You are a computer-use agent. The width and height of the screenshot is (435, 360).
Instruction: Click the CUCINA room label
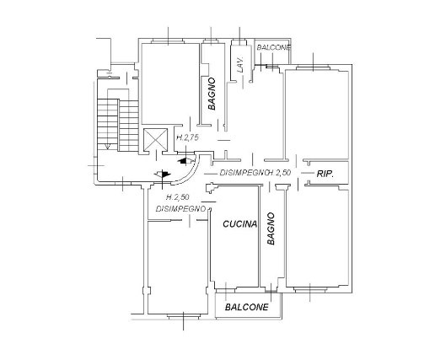239,224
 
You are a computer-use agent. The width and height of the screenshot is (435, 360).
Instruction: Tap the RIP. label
325,174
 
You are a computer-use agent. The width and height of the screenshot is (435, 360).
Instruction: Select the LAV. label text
240,66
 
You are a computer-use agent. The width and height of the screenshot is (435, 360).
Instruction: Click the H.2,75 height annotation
187,137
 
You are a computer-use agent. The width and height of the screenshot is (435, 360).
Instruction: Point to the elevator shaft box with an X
155,139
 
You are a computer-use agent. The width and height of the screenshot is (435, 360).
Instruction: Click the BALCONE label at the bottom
247,307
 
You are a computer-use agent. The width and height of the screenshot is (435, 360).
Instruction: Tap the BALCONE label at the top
273,47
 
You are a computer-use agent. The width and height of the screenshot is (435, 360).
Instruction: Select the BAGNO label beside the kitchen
271,228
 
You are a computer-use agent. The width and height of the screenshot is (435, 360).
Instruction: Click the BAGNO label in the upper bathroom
212,94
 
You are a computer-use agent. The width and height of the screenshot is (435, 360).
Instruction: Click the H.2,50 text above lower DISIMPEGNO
178,197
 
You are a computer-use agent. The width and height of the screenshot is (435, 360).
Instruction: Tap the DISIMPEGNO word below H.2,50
180,209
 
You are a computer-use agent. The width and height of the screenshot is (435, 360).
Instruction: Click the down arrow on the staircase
107,146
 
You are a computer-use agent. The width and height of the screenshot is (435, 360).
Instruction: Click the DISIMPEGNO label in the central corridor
243,173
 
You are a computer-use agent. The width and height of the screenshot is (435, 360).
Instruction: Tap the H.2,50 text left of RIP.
279,173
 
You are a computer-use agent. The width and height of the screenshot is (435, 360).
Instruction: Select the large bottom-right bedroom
318,239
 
